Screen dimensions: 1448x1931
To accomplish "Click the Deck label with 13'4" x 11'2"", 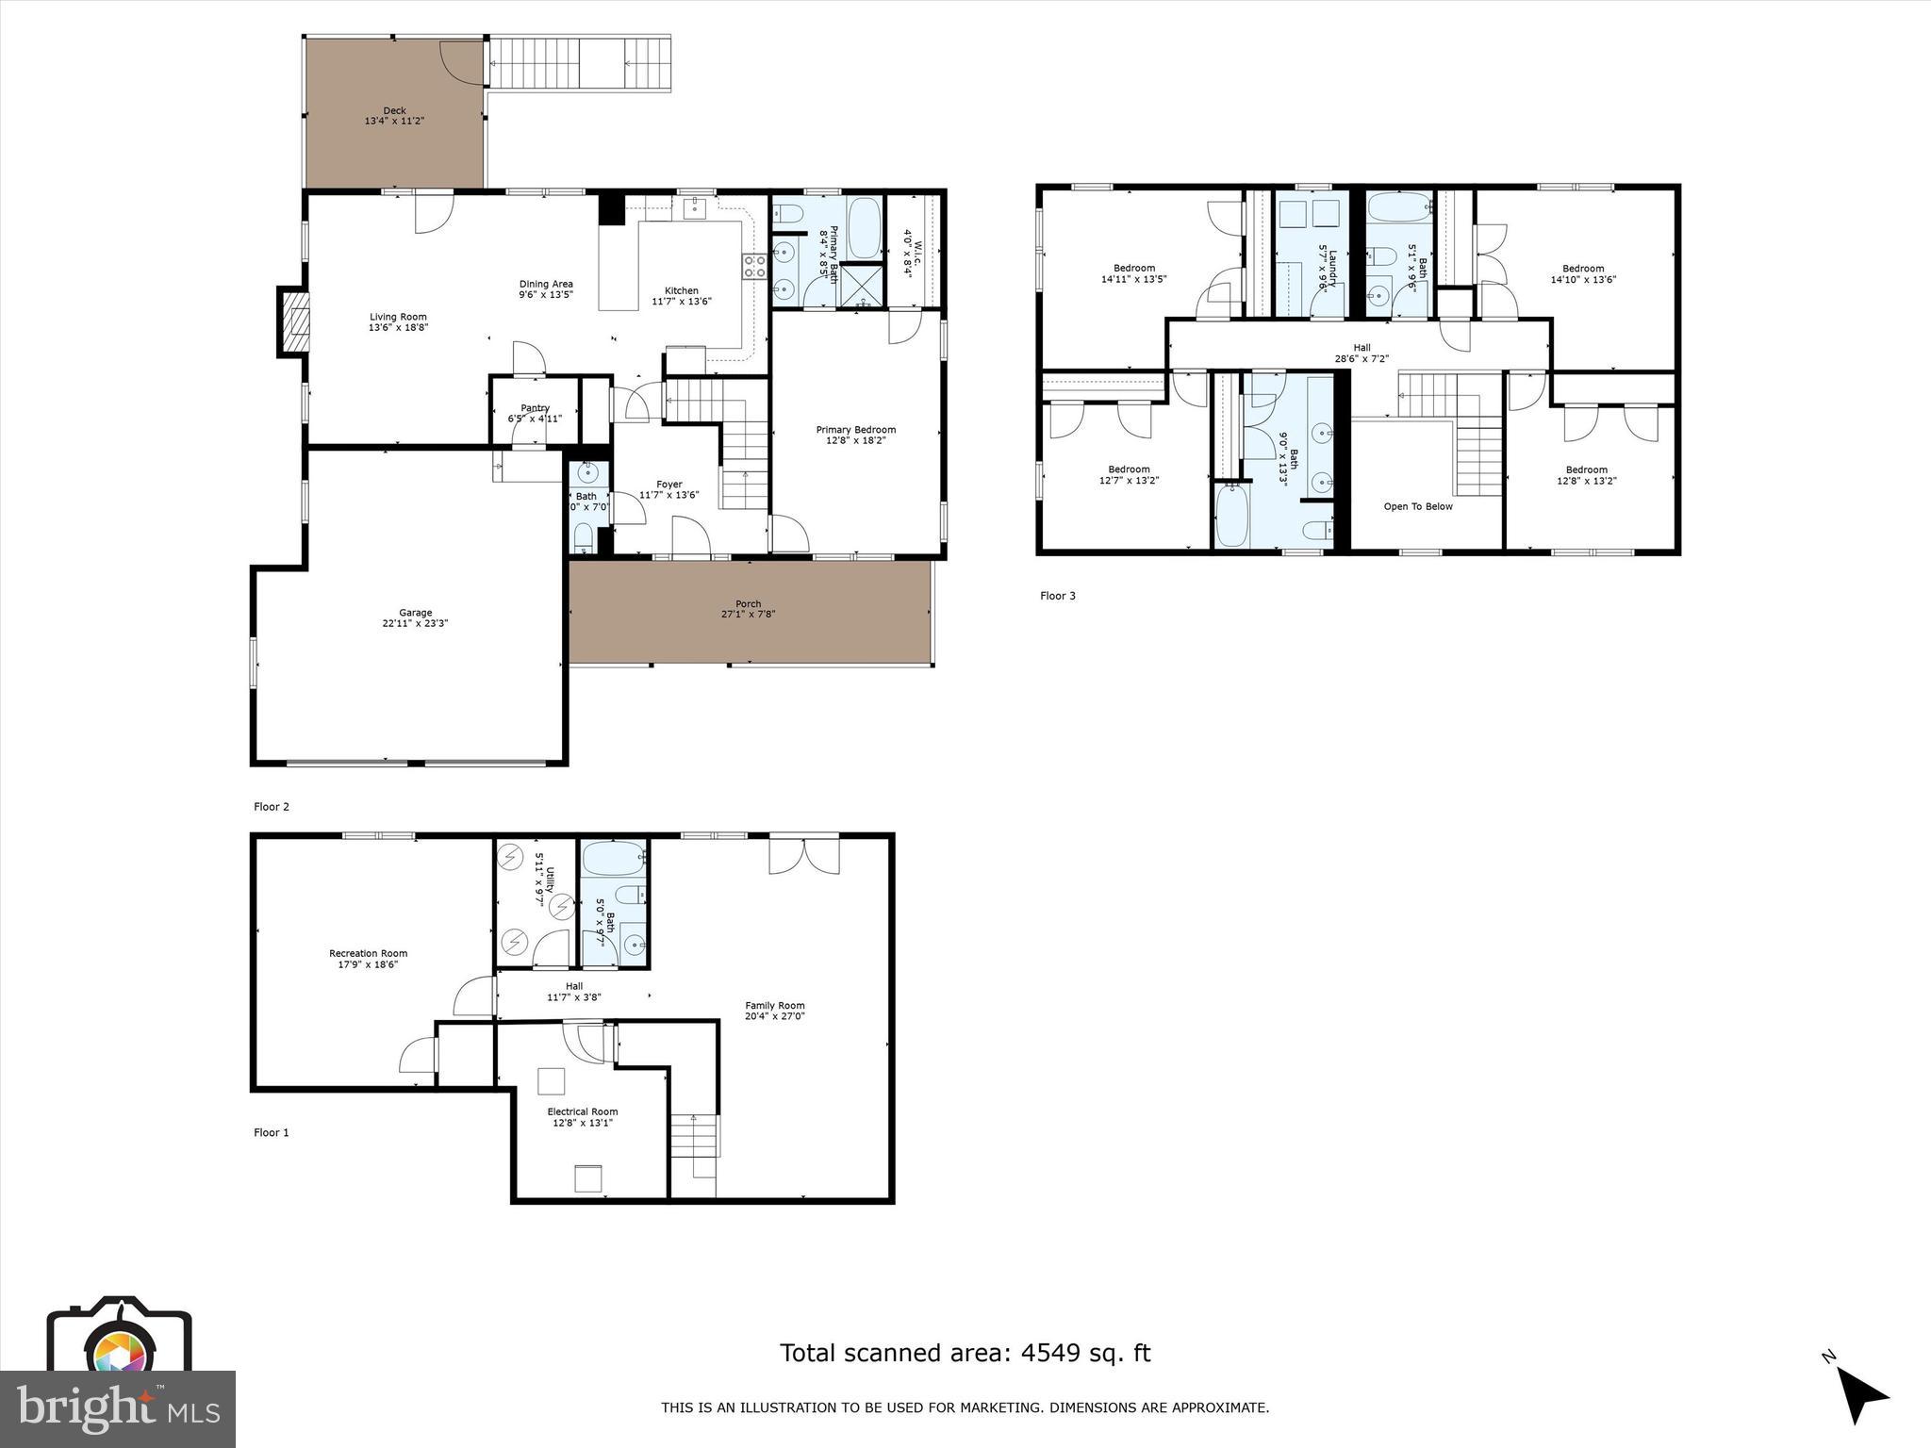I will [x=394, y=116].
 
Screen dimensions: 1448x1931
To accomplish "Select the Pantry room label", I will [x=535, y=408].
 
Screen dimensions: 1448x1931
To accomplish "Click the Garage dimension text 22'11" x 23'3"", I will [x=415, y=623].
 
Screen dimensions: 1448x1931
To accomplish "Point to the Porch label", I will [x=748, y=604].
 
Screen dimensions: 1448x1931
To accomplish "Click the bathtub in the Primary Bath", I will [x=864, y=227].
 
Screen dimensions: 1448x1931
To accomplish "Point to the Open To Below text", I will [x=1417, y=506].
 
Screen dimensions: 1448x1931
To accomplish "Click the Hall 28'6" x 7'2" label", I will [x=1362, y=353].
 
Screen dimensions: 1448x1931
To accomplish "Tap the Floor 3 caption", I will [x=1057, y=596].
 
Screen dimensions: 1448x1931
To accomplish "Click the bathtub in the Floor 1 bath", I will [x=612, y=859].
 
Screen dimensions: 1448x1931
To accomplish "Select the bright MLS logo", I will [x=117, y=1408].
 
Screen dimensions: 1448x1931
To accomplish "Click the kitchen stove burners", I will [x=754, y=267].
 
